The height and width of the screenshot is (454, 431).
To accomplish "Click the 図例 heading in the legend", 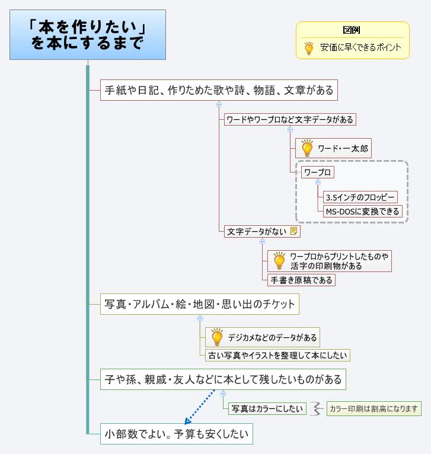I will pos(352,30).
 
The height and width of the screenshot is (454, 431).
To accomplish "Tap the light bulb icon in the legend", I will pos(309,48).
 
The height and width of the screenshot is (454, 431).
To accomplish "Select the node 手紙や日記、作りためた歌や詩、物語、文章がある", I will pos(219,91).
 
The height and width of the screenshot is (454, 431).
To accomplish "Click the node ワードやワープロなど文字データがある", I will pos(290,120).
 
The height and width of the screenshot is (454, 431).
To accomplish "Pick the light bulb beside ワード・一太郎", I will pos(307,148).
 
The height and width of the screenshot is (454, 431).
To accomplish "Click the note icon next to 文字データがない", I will pos(294,232).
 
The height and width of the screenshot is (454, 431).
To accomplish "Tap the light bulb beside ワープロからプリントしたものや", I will pos(279,261).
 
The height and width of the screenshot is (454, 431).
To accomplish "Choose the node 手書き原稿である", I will pos(301,280).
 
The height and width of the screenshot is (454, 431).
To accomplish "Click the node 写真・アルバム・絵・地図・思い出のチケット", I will pos(199,305).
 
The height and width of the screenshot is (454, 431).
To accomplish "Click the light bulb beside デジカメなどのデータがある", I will pos(217,337).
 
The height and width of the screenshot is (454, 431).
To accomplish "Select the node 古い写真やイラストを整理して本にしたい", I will pos(277,356).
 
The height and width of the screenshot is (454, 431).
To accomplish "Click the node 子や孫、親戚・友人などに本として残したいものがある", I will pos(222,379).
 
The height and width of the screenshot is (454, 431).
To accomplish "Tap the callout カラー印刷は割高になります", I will pos(373,408).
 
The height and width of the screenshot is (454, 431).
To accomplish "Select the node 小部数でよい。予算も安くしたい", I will pos(176,434).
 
